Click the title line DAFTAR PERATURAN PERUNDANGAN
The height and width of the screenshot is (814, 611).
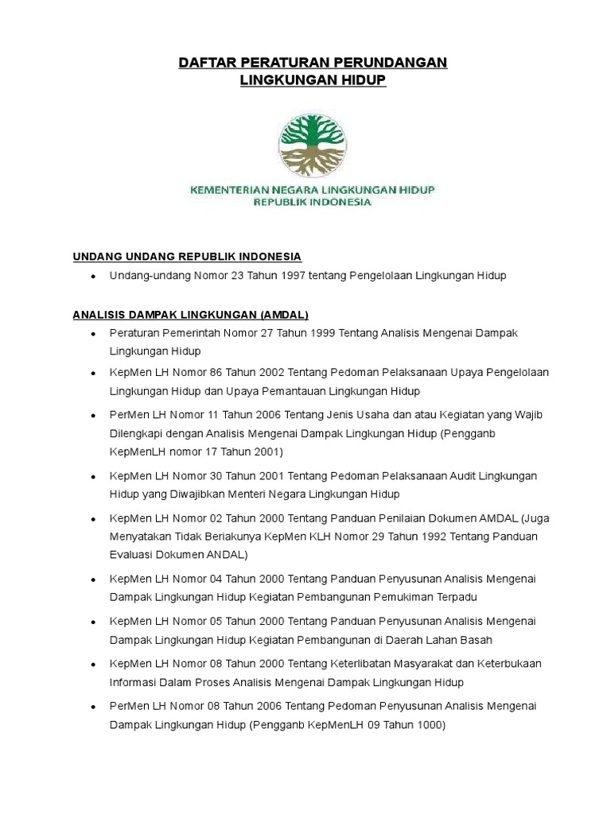313,63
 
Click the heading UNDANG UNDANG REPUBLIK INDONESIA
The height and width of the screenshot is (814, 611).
187,257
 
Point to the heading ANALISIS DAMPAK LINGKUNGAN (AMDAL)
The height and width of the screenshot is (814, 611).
190,313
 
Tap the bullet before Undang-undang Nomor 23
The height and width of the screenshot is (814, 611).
94,277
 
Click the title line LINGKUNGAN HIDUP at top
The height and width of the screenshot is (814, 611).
313,81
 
